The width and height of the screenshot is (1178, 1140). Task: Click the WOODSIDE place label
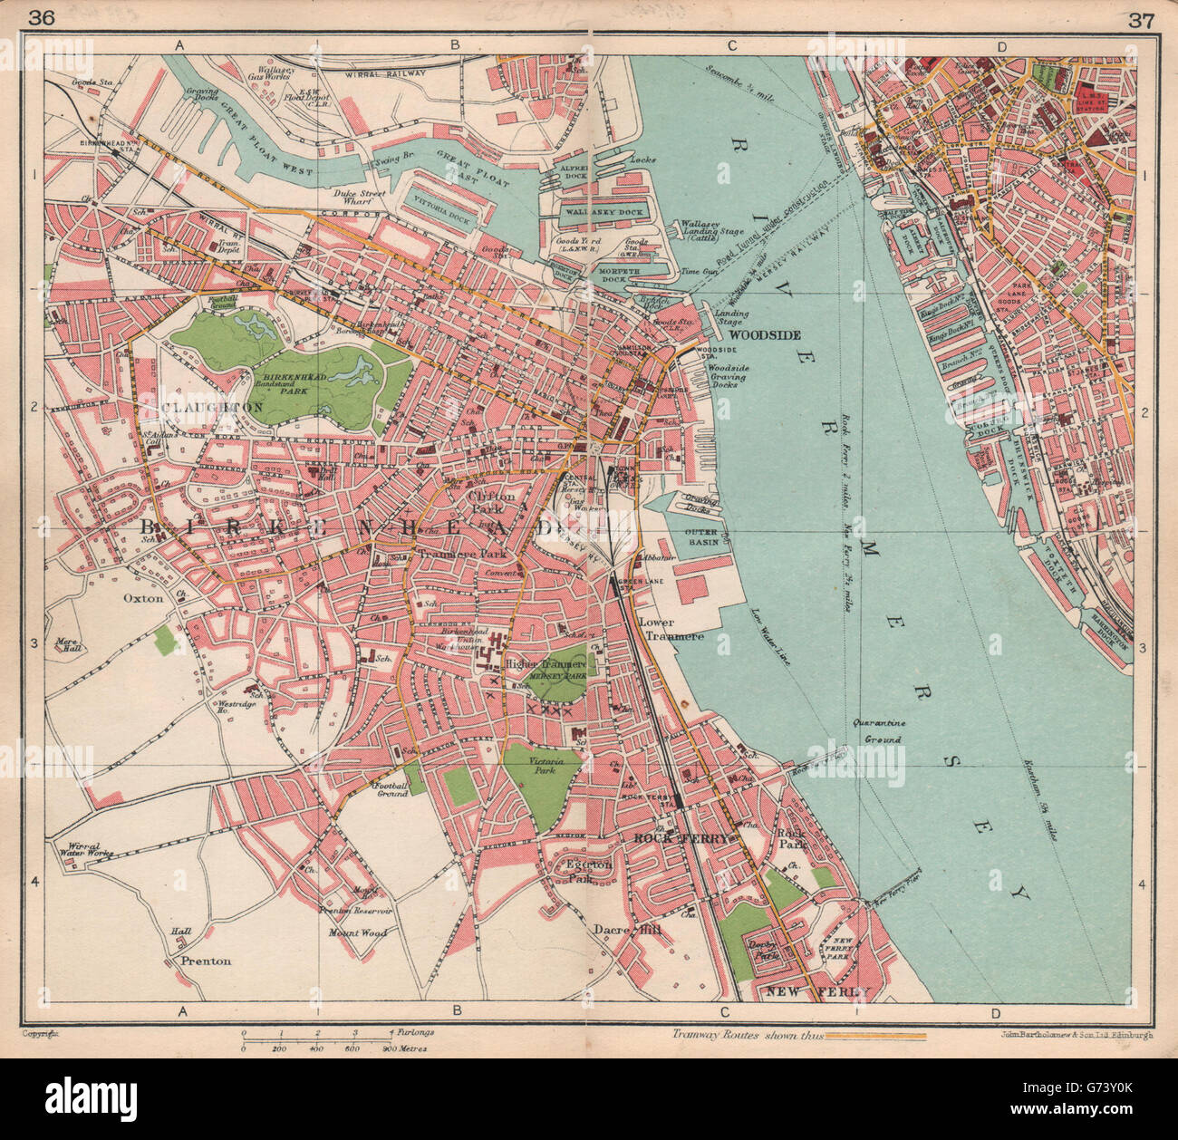click(765, 335)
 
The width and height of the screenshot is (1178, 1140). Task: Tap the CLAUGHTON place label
click(214, 408)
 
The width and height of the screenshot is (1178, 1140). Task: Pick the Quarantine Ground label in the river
click(878, 732)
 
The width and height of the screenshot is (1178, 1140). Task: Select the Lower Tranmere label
click(671, 630)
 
